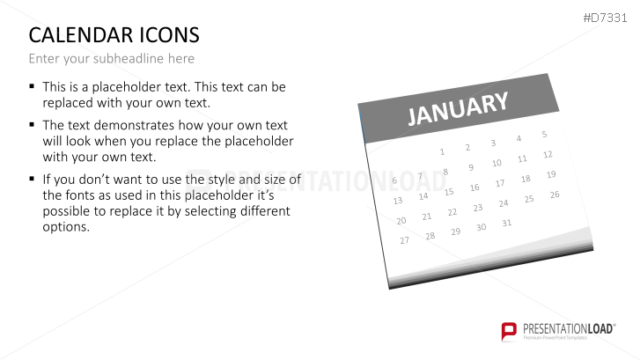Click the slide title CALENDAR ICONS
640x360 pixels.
point(114,35)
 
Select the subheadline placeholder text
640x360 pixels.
point(111,59)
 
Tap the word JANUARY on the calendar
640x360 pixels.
point(458,110)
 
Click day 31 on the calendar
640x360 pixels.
point(506,223)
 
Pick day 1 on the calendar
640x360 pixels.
point(442,151)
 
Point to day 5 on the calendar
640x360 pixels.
point(544,134)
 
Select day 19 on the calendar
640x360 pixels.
point(551,174)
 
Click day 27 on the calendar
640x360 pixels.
point(405,240)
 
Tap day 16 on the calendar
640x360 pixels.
point(474,187)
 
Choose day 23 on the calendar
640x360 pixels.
point(478,208)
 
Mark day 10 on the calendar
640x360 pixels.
point(497,163)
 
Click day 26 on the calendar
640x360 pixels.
point(555,195)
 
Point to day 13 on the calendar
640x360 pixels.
point(398,201)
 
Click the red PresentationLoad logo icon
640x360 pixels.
point(509,331)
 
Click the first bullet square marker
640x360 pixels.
point(33,87)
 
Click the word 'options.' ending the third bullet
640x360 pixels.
point(66,227)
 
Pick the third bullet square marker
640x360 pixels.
point(33,179)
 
